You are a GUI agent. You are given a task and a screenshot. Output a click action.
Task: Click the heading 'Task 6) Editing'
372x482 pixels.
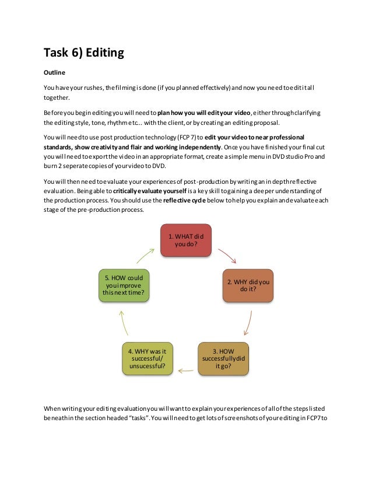click(x=84, y=53)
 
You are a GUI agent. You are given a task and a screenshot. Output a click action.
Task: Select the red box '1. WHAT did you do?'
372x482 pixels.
click(x=186, y=240)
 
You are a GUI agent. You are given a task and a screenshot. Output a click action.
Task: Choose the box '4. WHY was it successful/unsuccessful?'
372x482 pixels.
click(x=148, y=358)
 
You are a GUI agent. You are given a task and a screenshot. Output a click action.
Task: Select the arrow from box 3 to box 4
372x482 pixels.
click(x=185, y=369)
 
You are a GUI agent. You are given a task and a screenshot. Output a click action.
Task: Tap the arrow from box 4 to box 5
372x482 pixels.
click(x=124, y=322)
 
